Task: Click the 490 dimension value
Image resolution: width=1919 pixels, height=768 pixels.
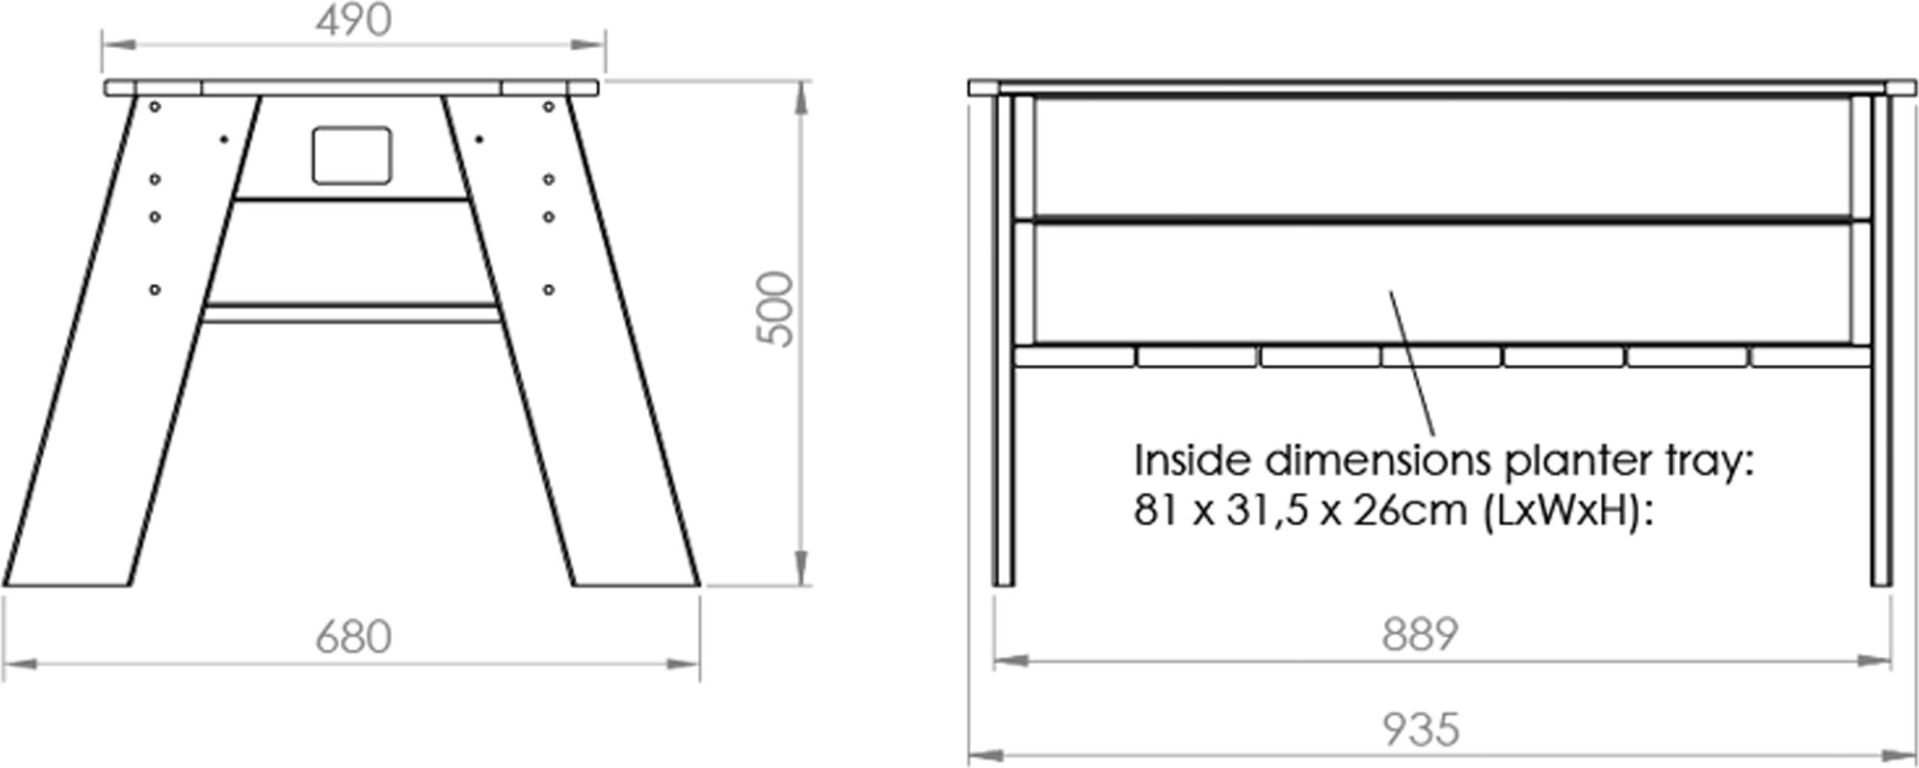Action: [x=353, y=20]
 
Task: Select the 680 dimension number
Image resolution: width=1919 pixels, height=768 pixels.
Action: [x=353, y=637]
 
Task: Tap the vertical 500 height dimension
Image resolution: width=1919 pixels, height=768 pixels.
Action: [x=775, y=309]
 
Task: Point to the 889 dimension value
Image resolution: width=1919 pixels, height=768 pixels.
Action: [x=1419, y=634]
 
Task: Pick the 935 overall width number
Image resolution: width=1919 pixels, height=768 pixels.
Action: [x=1421, y=729]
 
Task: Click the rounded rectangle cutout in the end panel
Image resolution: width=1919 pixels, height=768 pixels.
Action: [x=352, y=155]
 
